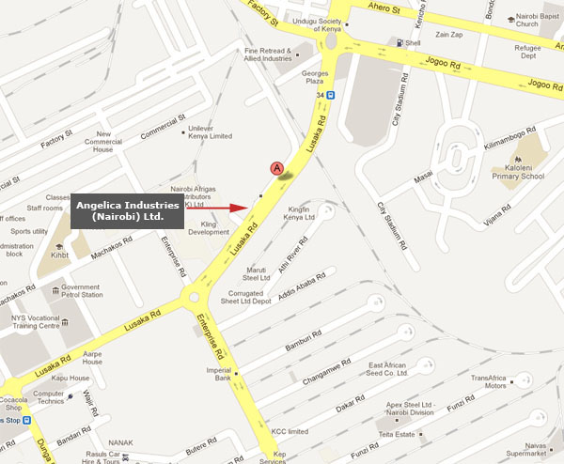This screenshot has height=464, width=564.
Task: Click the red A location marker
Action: point(277,168)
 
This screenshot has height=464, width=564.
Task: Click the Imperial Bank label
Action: point(217,372)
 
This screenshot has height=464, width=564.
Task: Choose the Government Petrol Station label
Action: point(81,292)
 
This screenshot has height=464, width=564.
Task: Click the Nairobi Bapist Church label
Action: point(540,22)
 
